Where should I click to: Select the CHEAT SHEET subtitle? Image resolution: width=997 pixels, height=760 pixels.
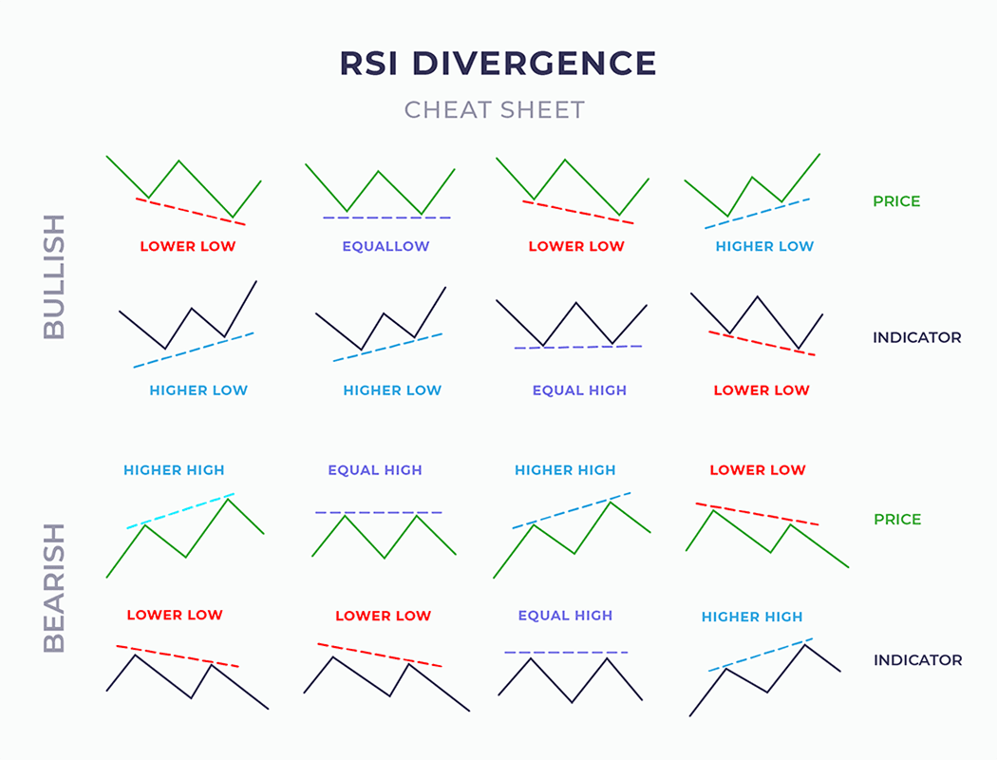(495, 110)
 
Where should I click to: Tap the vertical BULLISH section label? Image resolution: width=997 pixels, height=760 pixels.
(55, 276)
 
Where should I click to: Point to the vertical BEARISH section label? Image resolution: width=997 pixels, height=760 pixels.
(55, 587)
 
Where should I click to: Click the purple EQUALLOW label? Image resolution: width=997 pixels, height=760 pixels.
(386, 246)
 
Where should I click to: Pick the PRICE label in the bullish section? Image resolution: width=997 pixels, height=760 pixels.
(896, 201)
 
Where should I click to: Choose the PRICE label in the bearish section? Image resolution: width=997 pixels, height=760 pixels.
(897, 520)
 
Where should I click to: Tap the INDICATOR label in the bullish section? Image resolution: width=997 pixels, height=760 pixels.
(916, 337)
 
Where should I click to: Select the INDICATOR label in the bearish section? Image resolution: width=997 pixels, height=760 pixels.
(917, 659)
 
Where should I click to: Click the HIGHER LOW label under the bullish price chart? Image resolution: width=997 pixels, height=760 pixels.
(764, 246)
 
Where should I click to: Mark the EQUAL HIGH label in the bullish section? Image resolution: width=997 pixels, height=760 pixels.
(579, 390)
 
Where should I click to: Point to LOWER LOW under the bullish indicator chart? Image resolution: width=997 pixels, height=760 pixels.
(762, 390)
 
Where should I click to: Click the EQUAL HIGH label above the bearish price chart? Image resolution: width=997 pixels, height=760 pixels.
(375, 470)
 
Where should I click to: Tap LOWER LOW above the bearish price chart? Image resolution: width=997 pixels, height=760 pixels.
(758, 470)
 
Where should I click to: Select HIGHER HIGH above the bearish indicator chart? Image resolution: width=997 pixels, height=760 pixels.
(752, 617)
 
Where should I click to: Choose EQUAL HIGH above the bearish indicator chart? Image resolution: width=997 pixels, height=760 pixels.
(565, 616)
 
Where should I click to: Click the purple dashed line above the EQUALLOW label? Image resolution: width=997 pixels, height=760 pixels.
(386, 218)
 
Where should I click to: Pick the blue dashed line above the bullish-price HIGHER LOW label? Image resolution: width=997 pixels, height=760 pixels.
(757, 213)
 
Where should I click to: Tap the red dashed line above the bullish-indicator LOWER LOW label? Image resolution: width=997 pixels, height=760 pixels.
(762, 343)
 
